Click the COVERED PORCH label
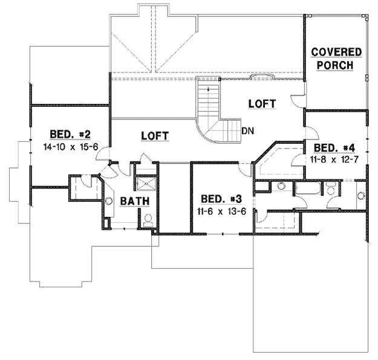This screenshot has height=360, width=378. click(336, 59)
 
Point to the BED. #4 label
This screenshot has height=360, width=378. click(335, 148)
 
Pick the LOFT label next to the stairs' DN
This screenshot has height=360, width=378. click(262, 104)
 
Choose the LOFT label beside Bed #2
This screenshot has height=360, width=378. click(154, 136)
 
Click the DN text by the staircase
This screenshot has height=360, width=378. click(247, 130)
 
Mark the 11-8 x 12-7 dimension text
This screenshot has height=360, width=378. click(335, 160)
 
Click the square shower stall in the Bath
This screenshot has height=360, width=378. click(145, 184)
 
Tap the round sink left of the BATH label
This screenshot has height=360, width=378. click(109, 201)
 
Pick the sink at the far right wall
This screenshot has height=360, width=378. click(361, 195)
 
